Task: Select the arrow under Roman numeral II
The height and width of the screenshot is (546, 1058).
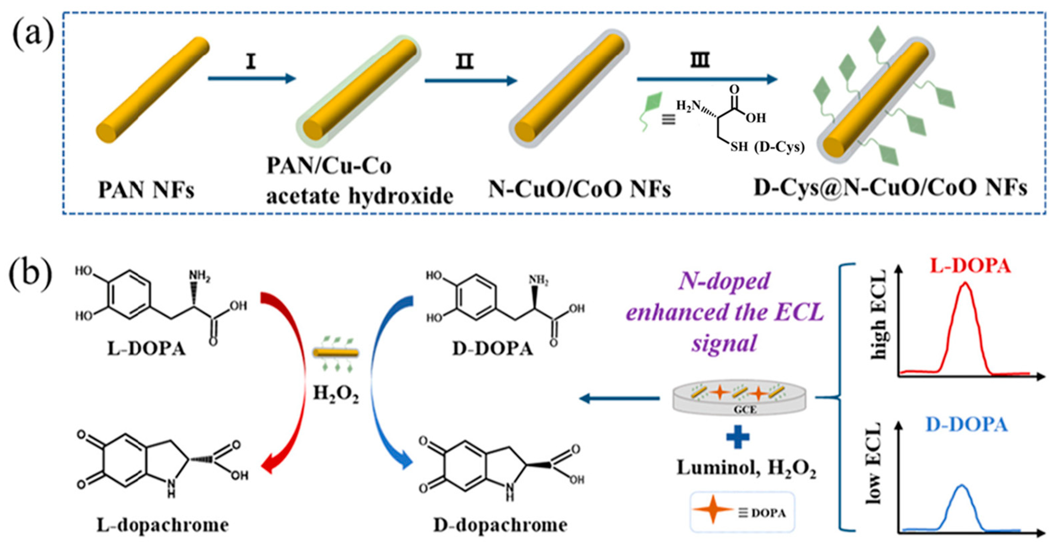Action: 471,81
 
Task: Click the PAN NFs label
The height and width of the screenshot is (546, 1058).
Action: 146,190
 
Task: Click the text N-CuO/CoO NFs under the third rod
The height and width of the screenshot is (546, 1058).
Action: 579,190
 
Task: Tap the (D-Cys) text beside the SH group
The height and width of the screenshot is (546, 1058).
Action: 779,147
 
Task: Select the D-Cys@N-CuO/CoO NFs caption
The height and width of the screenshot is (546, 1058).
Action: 890,188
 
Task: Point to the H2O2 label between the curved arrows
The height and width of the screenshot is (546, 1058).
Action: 336,394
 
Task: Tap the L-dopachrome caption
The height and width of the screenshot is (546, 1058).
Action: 163,525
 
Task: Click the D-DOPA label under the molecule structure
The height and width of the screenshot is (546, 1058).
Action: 493,349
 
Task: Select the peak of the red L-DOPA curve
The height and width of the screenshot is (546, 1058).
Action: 966,283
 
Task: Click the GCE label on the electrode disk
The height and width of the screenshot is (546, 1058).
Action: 745,409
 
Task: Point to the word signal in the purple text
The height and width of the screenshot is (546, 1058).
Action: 724,343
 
